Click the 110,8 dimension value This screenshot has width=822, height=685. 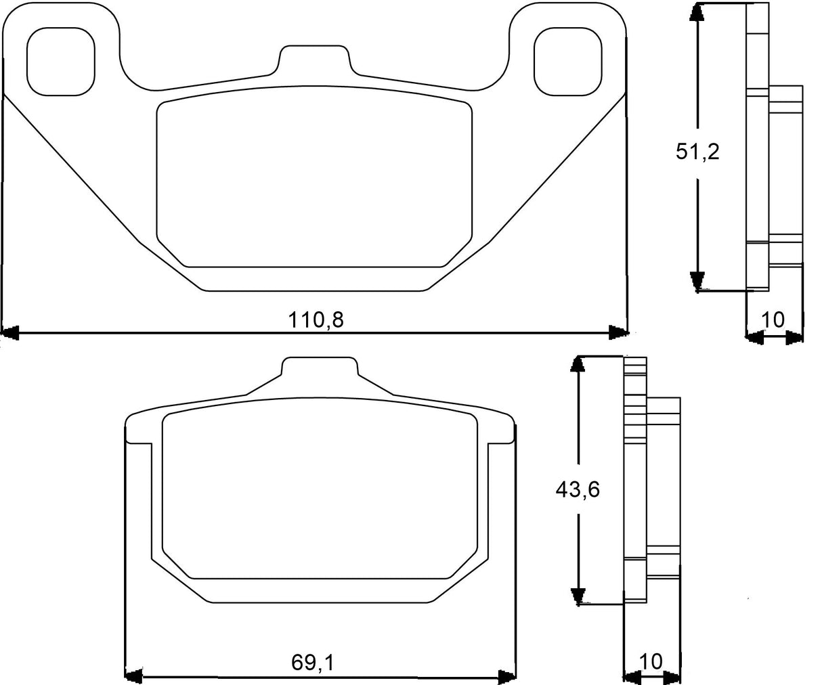(316, 319)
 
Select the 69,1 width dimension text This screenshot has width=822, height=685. (312, 663)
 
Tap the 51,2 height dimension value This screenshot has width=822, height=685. (697, 152)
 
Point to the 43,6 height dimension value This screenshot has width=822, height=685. (577, 489)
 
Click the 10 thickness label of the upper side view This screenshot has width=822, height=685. (773, 319)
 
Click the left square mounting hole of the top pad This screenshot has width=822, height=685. (60, 62)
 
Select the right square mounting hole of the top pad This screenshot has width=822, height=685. (567, 62)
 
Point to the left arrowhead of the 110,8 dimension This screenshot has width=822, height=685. (9, 332)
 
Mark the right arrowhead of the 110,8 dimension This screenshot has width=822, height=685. (618, 332)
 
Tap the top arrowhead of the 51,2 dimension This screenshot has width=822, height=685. (696, 14)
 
